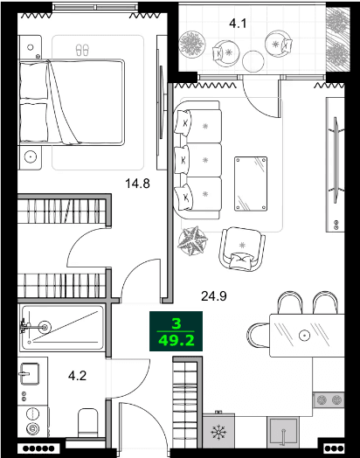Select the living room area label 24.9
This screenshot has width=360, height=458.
[x=214, y=296]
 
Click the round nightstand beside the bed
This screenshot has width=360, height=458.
[x=31, y=157]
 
